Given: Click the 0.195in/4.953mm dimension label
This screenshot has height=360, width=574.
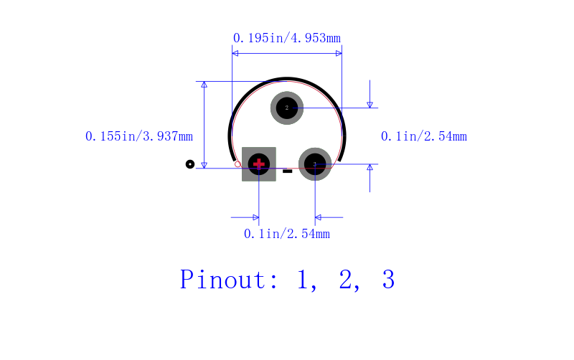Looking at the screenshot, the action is [286, 38].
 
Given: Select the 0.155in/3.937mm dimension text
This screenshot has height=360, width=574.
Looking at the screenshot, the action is [139, 136].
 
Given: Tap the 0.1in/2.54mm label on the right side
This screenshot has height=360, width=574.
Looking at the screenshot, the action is [424, 136].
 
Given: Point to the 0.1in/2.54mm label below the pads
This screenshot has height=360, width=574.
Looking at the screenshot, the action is [287, 234].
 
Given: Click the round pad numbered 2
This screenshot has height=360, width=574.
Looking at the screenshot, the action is [287, 108].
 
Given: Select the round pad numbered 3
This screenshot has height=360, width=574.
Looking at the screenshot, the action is [315, 164].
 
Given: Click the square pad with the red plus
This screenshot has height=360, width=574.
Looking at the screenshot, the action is [259, 164].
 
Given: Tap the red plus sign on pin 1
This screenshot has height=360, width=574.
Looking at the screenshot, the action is [259, 164].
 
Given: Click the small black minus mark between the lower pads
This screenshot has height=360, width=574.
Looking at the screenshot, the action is [288, 171].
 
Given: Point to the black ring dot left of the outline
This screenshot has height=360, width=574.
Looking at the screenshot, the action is [190, 164].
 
